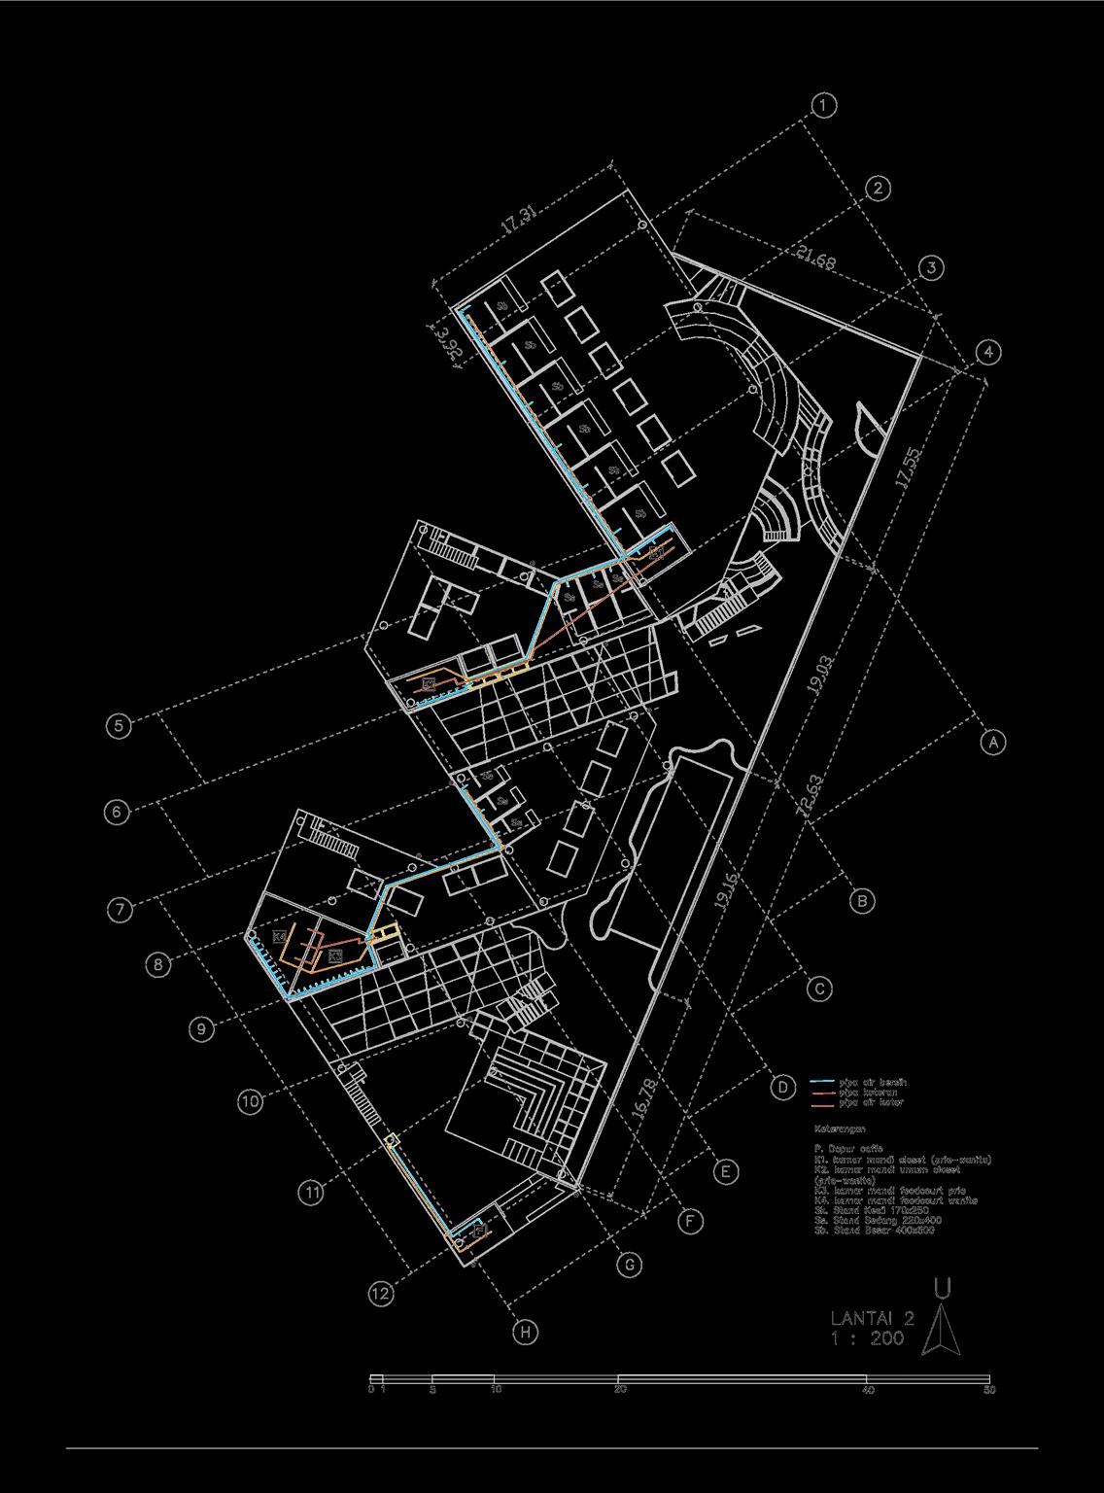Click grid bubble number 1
click(x=823, y=105)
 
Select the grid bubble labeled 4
click(x=987, y=352)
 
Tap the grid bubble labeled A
click(x=992, y=742)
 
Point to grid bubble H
click(x=525, y=1332)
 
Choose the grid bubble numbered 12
click(x=381, y=1294)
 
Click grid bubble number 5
click(x=119, y=725)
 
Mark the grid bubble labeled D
click(x=783, y=1088)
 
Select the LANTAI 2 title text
click(x=873, y=1318)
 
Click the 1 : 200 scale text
click(x=867, y=1338)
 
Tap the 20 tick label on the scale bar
click(x=620, y=1389)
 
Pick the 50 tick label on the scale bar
click(x=988, y=1389)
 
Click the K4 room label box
click(x=279, y=937)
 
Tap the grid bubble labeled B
click(x=862, y=901)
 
